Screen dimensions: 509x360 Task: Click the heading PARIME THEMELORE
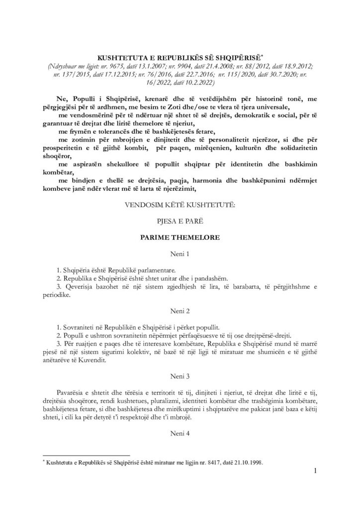pyautogui.click(x=180, y=238)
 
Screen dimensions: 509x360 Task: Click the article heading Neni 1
pyautogui.click(x=180, y=254)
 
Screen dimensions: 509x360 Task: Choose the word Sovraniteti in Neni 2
pyautogui.click(x=82, y=328)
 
